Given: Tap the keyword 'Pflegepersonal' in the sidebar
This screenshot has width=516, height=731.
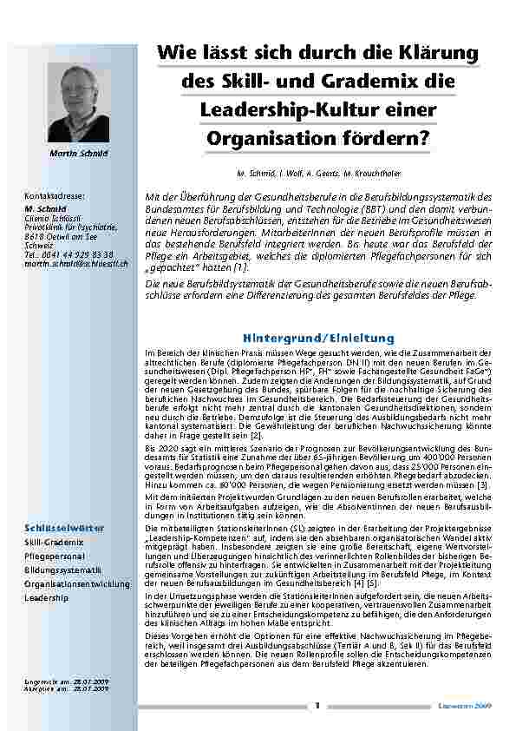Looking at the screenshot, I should pyautogui.click(x=54, y=555).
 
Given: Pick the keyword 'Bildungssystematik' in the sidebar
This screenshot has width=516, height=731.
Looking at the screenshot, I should pyautogui.click(x=62, y=570).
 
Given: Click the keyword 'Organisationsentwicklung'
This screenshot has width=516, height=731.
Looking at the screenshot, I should pyautogui.click(x=76, y=583).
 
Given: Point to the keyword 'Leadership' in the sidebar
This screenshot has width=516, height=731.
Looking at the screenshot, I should pyautogui.click(x=45, y=598).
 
